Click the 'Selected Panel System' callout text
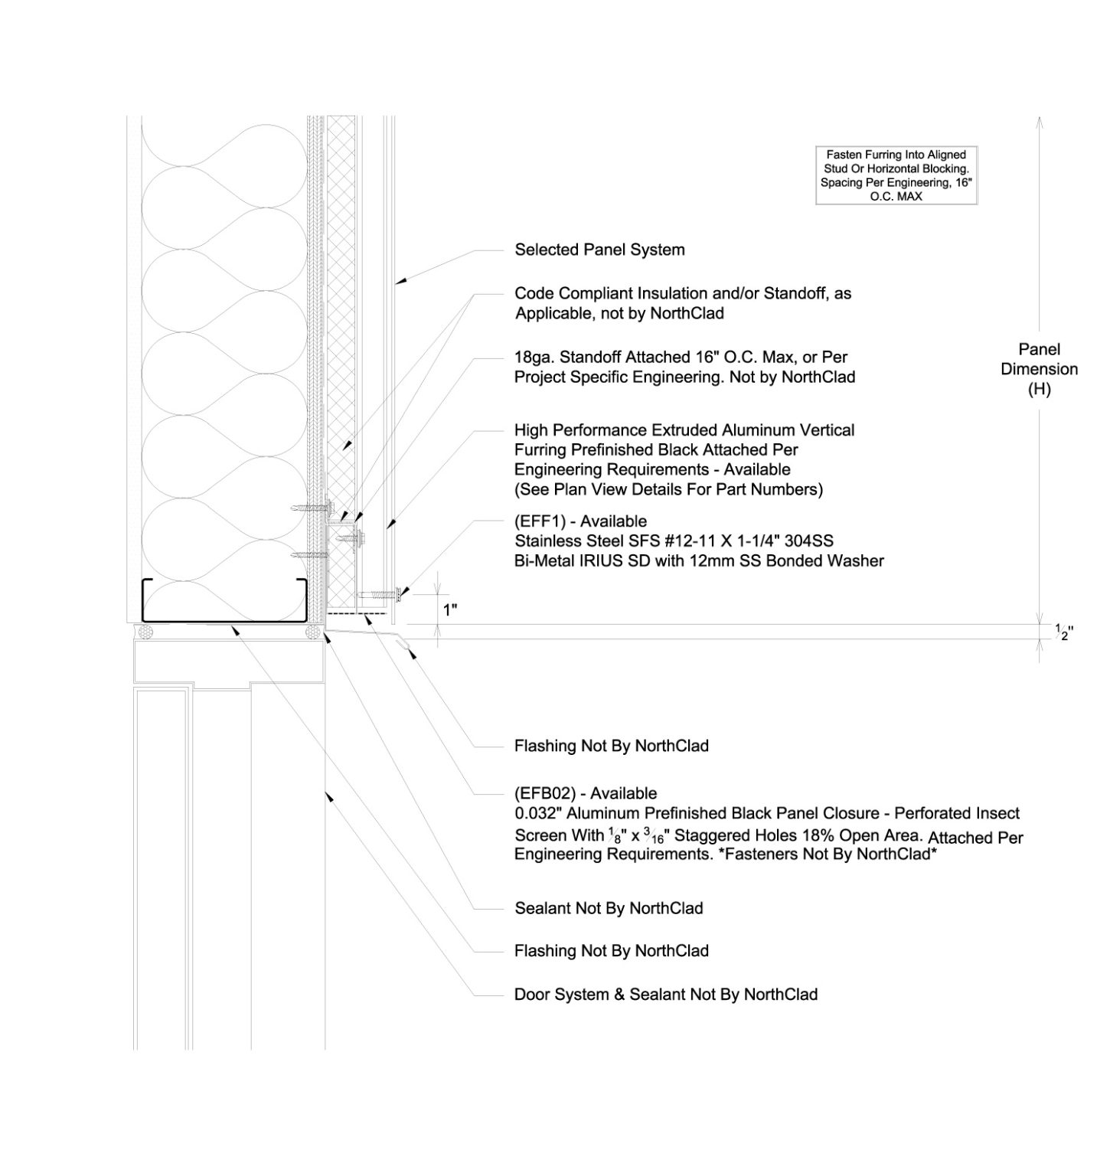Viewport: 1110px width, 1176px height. coord(599,250)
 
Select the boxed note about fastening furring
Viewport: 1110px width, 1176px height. coord(896,175)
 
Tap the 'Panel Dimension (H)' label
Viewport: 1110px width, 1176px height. coord(1039,369)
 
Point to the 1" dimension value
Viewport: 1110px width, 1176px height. coord(450,610)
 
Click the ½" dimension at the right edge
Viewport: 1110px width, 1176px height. coord(1064,632)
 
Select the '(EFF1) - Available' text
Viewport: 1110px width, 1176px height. coord(580,521)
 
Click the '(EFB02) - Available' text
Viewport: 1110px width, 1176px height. coord(586,793)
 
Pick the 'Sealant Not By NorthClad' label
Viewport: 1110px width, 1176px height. coord(609,908)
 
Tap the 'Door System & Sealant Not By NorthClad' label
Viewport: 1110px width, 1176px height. coord(666,995)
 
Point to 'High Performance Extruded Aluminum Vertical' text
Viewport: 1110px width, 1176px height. coord(684,430)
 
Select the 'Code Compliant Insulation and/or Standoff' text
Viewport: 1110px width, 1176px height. coord(683,293)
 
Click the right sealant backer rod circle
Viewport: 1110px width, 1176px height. coord(312,632)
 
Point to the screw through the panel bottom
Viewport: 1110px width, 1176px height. coord(379,593)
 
